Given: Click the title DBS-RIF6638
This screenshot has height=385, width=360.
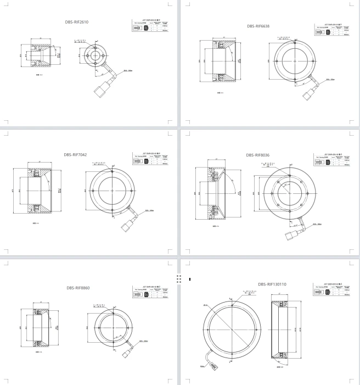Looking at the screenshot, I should click(x=261, y=26).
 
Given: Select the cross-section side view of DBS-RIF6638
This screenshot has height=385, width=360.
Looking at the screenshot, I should click(x=221, y=62).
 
